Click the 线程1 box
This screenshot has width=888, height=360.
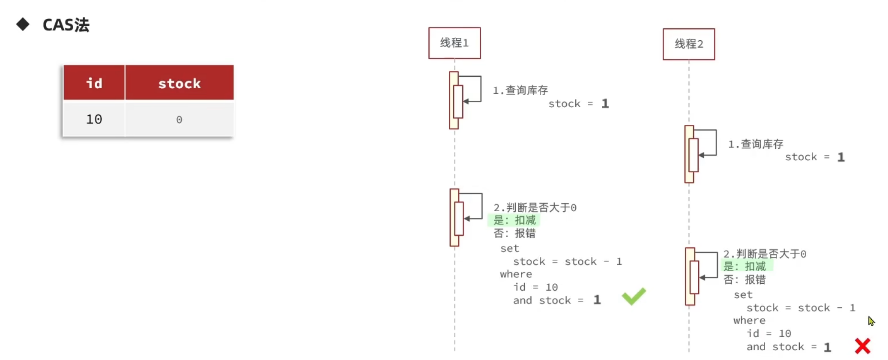pyautogui.click(x=454, y=43)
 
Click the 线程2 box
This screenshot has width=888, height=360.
pyautogui.click(x=689, y=44)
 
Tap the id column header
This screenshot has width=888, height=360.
pyautogui.click(x=94, y=83)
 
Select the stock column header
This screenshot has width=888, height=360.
pyautogui.click(x=179, y=83)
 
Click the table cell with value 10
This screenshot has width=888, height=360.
pyautogui.click(x=94, y=119)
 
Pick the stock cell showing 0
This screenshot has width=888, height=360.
pyautogui.click(x=179, y=120)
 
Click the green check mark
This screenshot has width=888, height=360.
pyautogui.click(x=634, y=296)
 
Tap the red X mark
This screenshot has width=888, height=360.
pyautogui.click(x=862, y=346)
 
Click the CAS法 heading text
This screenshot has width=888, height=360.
pyautogui.click(x=66, y=25)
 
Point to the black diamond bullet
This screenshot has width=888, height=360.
pyautogui.click(x=23, y=24)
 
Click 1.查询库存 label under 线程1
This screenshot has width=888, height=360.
pyautogui.click(x=520, y=90)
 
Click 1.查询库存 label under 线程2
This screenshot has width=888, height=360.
pyautogui.click(x=756, y=144)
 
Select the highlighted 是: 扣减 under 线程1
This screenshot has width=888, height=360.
pyautogui.click(x=514, y=220)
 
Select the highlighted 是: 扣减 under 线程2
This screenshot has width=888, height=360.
pyautogui.click(x=744, y=267)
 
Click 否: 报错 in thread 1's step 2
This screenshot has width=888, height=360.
pyautogui.click(x=514, y=234)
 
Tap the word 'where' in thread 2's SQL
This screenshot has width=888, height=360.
pyautogui.click(x=749, y=321)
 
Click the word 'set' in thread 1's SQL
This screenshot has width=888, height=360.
pyautogui.click(x=509, y=249)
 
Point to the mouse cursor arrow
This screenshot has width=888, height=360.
pyautogui.click(x=871, y=321)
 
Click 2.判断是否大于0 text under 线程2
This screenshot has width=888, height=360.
pyautogui.click(x=765, y=254)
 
